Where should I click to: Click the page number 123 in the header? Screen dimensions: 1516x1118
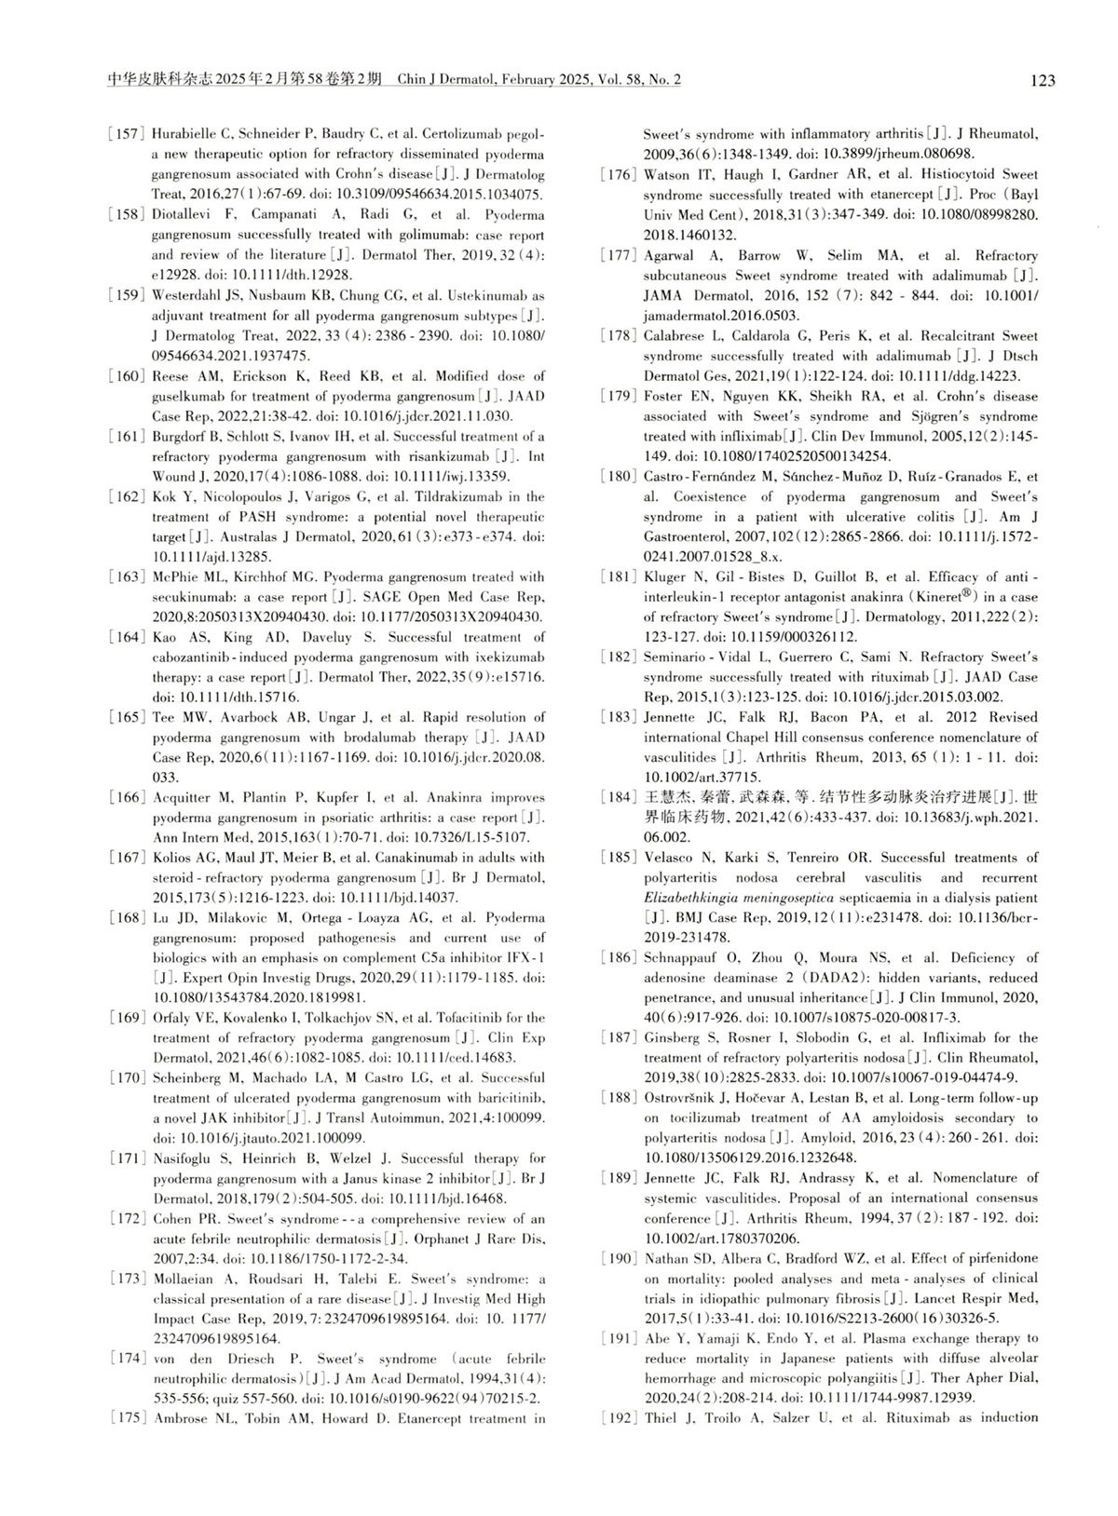[x=1043, y=81]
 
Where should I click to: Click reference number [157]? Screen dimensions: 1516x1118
[x=128, y=134]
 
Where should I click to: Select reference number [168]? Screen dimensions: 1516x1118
[x=128, y=918]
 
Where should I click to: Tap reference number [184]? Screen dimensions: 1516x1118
[x=620, y=797]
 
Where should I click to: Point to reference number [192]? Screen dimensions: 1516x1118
[x=620, y=1418]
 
